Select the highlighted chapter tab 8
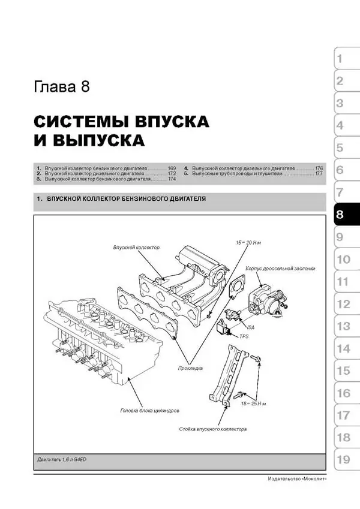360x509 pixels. [x=340, y=216]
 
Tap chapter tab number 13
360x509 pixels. [x=343, y=327]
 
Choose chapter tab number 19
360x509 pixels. [x=343, y=460]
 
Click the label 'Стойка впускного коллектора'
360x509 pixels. [x=212, y=430]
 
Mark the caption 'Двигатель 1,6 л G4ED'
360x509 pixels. [x=62, y=459]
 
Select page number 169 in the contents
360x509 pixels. [x=172, y=168]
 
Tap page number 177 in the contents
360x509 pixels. [x=319, y=174]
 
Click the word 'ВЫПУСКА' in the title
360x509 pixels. [x=98, y=141]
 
